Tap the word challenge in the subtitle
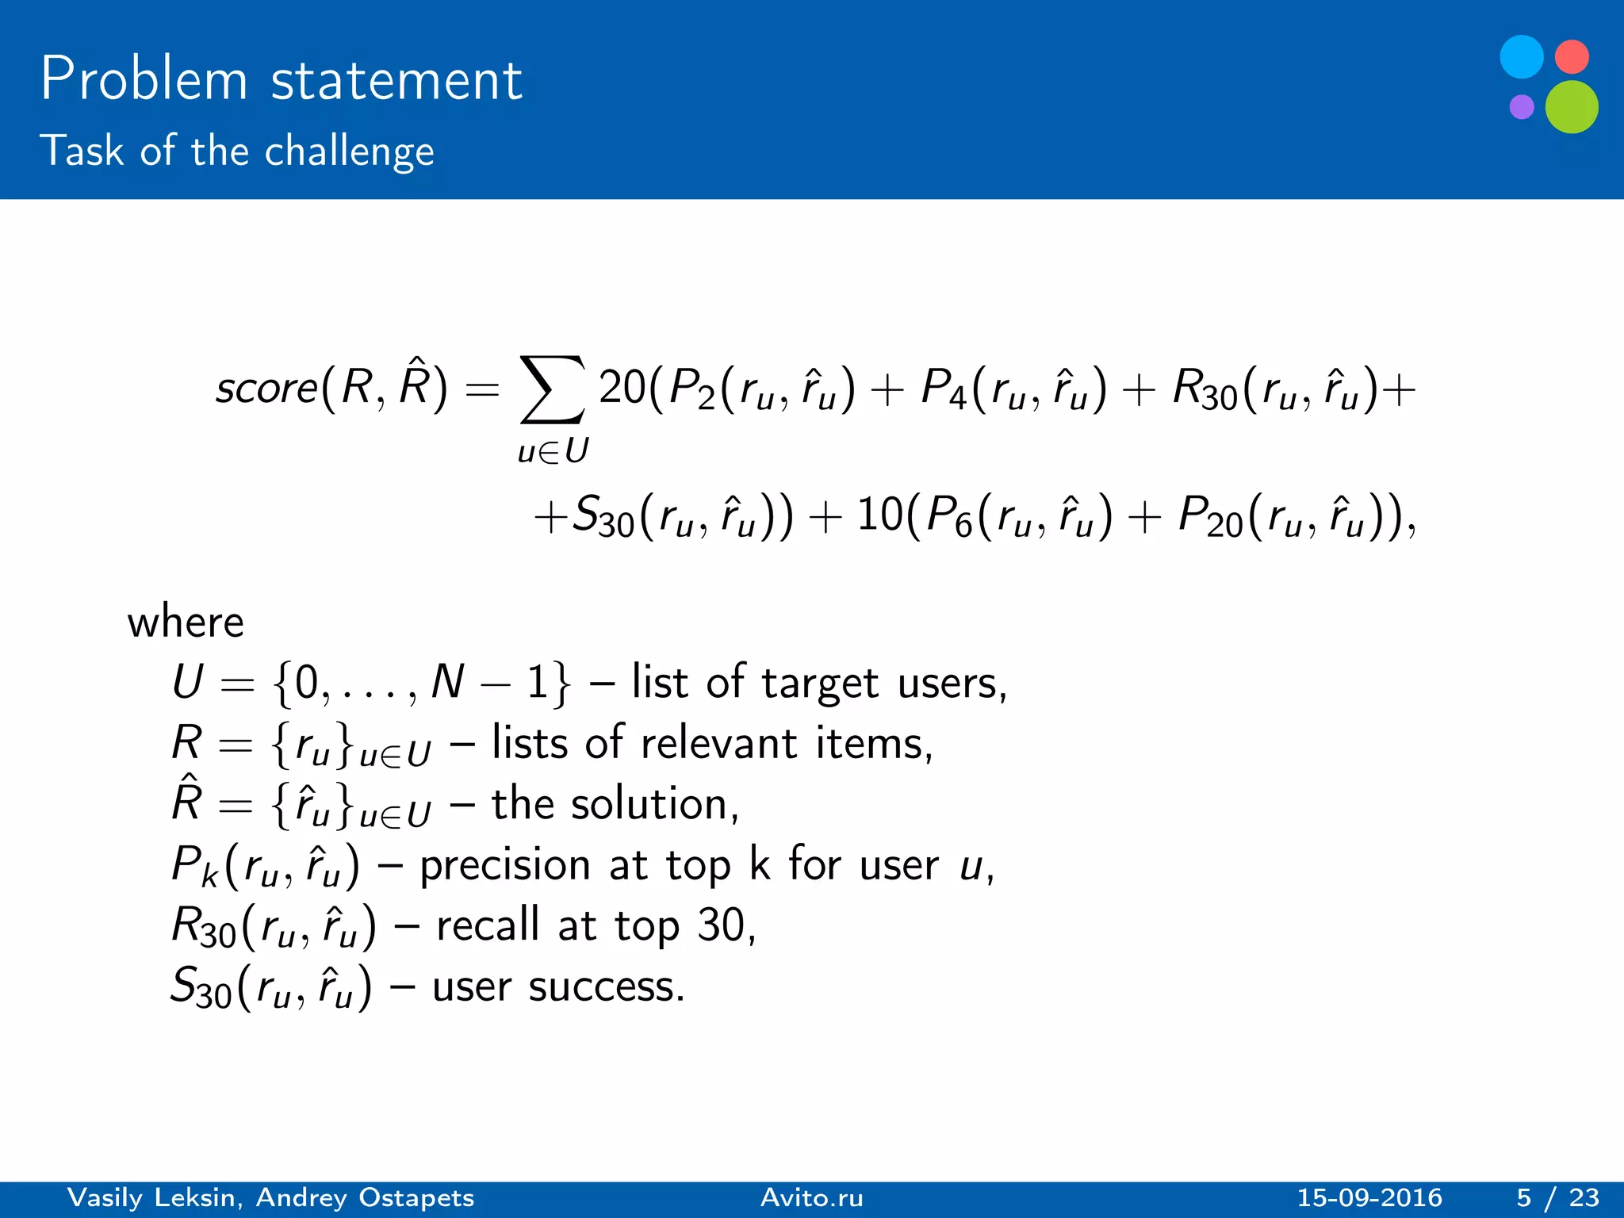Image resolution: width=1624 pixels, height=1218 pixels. (349, 151)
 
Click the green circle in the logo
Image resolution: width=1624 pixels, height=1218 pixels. (1572, 107)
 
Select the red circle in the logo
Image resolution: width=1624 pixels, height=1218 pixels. (1572, 56)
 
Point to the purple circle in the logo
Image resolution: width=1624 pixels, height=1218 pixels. (1522, 106)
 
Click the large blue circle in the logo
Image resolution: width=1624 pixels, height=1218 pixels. (1522, 57)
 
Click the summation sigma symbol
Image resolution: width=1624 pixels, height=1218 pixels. (553, 389)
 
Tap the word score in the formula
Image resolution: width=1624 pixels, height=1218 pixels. (266, 389)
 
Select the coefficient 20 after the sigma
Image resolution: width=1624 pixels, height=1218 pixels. (622, 388)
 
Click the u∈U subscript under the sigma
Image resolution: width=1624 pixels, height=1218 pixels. (553, 452)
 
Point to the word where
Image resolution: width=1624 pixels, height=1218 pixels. (186, 622)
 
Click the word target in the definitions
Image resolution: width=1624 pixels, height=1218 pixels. (820, 683)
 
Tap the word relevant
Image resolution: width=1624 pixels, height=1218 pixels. (718, 744)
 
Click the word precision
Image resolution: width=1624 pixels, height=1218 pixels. (505, 865)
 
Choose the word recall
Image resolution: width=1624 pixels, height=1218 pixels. (488, 925)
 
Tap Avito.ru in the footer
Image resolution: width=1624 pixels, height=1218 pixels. (811, 1197)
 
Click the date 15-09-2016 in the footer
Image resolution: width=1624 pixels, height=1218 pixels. (1369, 1197)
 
